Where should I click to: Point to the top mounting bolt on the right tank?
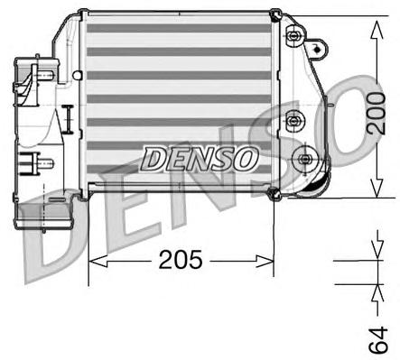[x=293, y=36]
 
